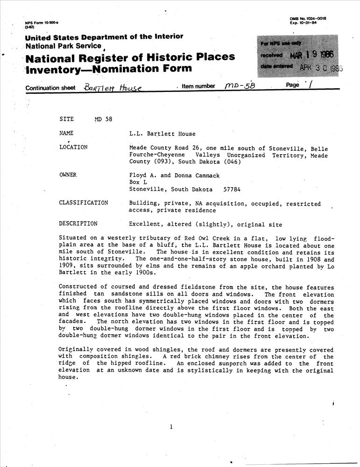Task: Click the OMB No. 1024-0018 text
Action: [x=308, y=18]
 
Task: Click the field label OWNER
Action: [x=68, y=175]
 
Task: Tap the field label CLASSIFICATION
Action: [x=84, y=203]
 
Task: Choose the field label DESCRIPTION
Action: [x=78, y=223]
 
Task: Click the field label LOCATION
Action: [x=73, y=147]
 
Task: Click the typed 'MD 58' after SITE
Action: [x=103, y=119]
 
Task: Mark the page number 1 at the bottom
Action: [x=172, y=426]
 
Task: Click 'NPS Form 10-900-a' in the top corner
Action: [x=42, y=23]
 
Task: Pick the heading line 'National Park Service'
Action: [x=63, y=46]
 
